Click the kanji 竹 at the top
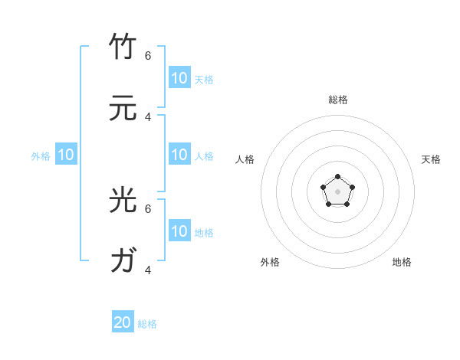(x=123, y=47)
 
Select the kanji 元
(x=123, y=108)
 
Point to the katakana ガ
(x=123, y=261)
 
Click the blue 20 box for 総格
(x=123, y=322)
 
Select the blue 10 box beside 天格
(x=179, y=78)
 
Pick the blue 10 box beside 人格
(x=179, y=155)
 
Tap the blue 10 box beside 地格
(x=179, y=231)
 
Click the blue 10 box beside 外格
(x=66, y=155)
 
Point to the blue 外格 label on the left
(x=41, y=155)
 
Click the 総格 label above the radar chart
(x=338, y=100)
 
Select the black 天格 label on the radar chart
(x=432, y=159)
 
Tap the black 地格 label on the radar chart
(x=402, y=262)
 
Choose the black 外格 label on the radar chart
(x=270, y=262)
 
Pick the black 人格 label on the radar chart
(x=245, y=159)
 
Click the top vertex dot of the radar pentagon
(x=337, y=178)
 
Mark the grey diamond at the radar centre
(x=337, y=191)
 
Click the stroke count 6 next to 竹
(x=148, y=55)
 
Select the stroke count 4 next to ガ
(x=148, y=270)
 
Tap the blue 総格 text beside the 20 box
(x=147, y=324)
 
